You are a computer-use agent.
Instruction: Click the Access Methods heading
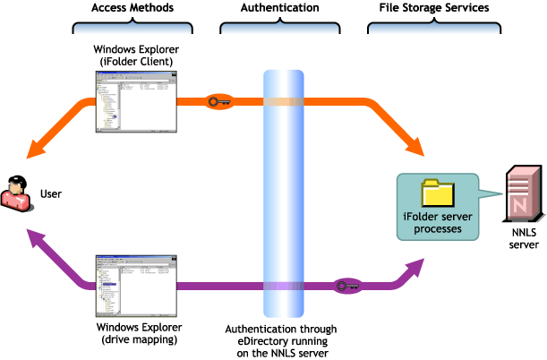click(x=132, y=8)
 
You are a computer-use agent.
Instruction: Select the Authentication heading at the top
click(x=280, y=8)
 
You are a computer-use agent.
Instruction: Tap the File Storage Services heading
click(x=427, y=8)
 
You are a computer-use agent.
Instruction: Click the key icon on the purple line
click(x=346, y=287)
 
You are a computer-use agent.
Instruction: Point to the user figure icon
click(x=17, y=193)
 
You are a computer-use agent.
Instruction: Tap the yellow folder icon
click(x=438, y=194)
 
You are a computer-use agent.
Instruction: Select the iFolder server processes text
click(x=432, y=224)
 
